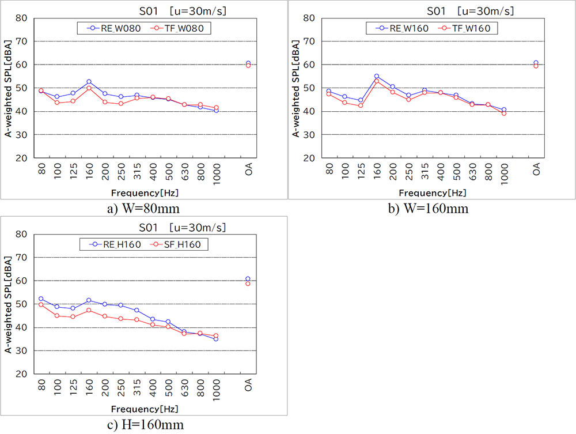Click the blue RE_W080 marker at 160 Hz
point(89,82)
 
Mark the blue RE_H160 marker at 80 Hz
point(41,299)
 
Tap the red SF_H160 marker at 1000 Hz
point(216,335)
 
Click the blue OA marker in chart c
point(248,279)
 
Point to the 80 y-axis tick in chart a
point(21,18)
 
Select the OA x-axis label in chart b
point(536,169)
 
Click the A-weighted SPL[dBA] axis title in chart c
point(9,304)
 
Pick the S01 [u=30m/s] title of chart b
point(470,10)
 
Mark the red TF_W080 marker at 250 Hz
point(121,104)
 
